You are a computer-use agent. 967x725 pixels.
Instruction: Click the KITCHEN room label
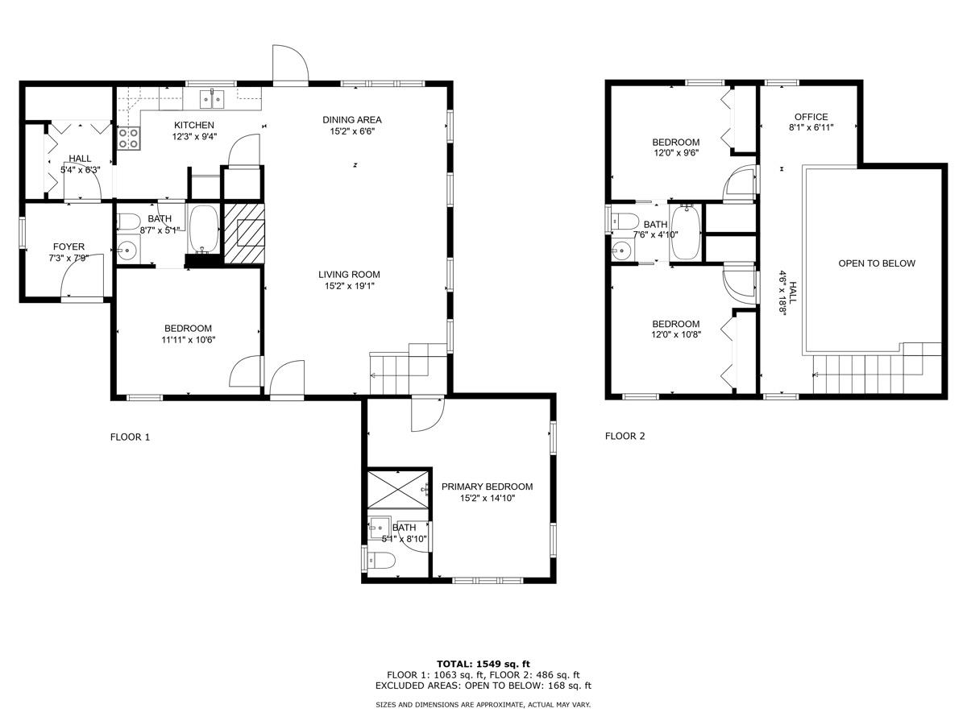click(x=194, y=125)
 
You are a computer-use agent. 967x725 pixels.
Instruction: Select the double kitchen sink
click(x=212, y=99)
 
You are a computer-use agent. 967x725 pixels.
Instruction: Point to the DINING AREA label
click(x=351, y=120)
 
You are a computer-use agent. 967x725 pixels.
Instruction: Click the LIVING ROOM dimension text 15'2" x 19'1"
click(x=350, y=286)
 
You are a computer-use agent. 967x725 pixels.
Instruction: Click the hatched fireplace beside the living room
click(x=244, y=234)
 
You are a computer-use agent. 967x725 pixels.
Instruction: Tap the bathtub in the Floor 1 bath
click(x=203, y=229)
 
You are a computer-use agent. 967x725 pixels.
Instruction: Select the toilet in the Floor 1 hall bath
click(x=129, y=222)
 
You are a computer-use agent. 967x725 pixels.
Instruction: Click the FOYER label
click(x=68, y=246)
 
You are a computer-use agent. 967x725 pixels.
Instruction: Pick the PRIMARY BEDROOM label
click(x=487, y=487)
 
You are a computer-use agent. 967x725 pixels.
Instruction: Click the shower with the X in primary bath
click(x=398, y=489)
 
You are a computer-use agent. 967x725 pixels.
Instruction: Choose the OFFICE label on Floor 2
click(x=811, y=117)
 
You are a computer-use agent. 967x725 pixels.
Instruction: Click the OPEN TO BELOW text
click(x=877, y=263)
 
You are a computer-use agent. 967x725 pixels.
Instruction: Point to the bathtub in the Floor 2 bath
click(x=685, y=233)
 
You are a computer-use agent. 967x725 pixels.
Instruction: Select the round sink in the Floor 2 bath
click(x=622, y=251)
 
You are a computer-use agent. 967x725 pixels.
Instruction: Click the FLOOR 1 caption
click(x=130, y=437)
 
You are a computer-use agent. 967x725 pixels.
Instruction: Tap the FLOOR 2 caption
click(x=625, y=437)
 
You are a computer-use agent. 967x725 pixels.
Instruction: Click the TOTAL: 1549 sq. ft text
click(x=483, y=664)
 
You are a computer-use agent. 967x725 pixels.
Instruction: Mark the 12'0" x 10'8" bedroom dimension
click(x=676, y=334)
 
